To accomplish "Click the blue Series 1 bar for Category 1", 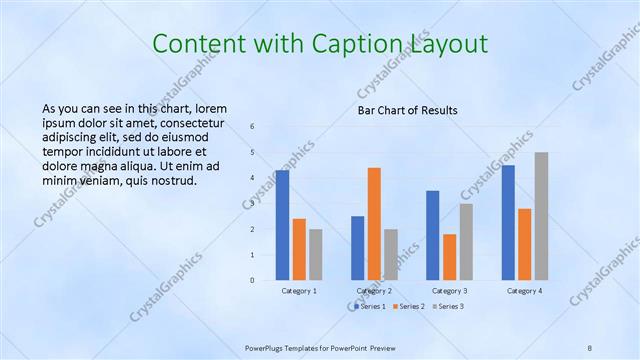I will coord(283,225).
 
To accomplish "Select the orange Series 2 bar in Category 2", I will coord(374,224).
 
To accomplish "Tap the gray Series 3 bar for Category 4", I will coord(541,216).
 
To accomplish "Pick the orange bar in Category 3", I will coord(449,257).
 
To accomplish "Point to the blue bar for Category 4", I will coord(508,222).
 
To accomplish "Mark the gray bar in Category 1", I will coord(316,254).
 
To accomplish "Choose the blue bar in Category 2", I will coord(358,248).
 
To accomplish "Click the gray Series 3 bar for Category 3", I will coord(466,241).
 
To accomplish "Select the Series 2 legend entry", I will coord(410,306).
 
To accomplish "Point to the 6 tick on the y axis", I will coord(253,127).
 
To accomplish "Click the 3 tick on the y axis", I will coord(253,204).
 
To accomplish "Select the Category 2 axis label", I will coord(374,291).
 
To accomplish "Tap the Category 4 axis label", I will coord(524,291).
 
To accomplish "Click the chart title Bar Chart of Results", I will coord(408,109).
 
